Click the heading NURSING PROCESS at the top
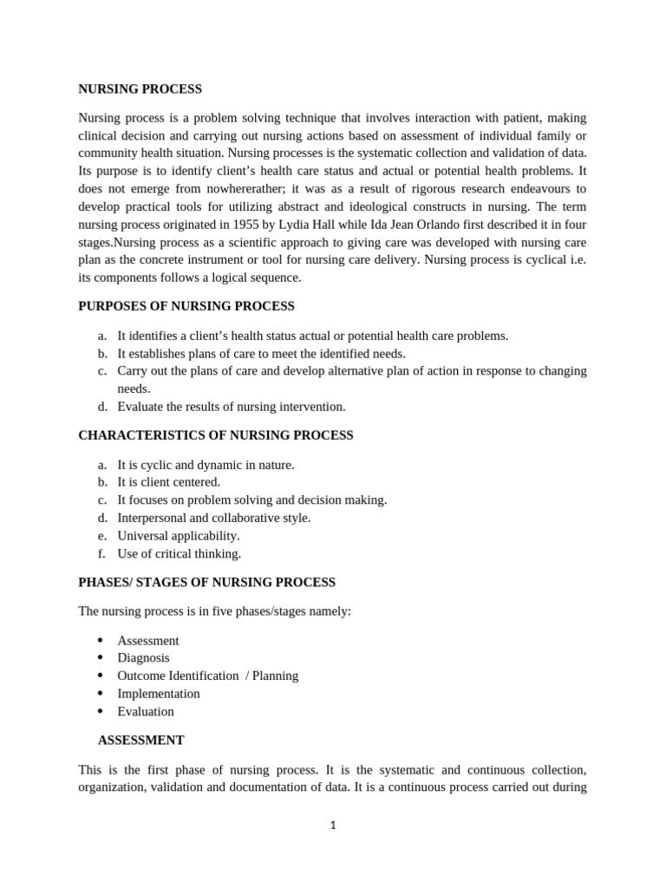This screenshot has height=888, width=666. [140, 89]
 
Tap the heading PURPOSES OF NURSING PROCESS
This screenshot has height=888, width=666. [186, 306]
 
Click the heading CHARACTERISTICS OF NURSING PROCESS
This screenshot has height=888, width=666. [216, 435]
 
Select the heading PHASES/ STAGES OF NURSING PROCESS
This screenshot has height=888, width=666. [206, 582]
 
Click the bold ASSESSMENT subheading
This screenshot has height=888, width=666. [140, 740]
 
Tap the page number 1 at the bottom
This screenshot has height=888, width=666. [333, 826]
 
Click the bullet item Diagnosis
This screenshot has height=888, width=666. [143, 658]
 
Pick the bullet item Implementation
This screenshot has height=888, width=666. [159, 694]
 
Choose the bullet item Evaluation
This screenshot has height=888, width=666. [146, 711]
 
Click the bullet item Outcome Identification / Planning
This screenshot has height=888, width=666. [207, 676]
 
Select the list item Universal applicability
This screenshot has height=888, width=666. [179, 536]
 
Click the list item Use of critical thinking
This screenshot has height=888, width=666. [180, 553]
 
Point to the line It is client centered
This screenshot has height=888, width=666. [169, 482]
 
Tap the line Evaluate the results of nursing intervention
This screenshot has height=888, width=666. [232, 406]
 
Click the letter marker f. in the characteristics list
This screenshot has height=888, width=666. [101, 553]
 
